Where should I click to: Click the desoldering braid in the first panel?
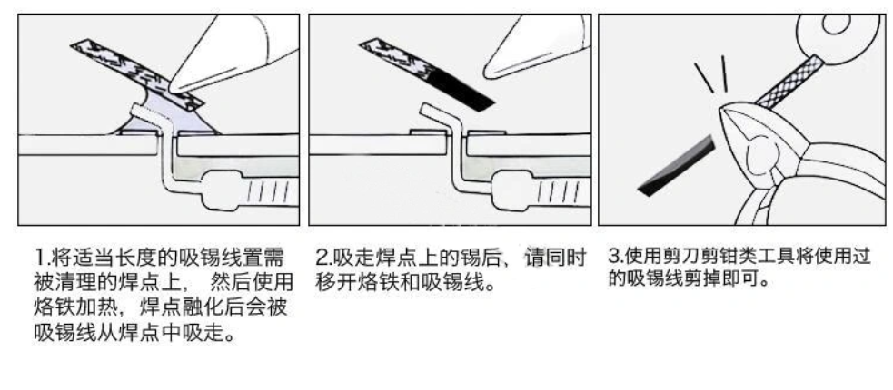click(137, 73)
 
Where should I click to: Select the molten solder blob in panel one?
click(165, 116)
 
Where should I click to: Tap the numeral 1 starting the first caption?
click(40, 259)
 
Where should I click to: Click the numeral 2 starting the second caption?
click(322, 258)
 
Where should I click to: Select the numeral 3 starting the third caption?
click(614, 257)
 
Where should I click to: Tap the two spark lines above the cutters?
click(711, 73)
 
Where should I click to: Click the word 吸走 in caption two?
click(354, 258)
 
